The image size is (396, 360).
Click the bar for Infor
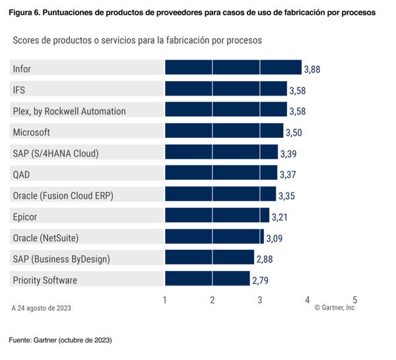pos(232,68)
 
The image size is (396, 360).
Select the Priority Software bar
pos(207,280)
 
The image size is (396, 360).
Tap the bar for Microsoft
pos(223,131)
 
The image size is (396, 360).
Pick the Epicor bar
pos(216,216)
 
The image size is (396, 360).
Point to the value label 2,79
pos(260,280)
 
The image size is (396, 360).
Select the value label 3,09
pos(274,238)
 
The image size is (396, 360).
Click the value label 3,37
pos(287,174)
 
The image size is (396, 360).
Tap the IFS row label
pos(19,90)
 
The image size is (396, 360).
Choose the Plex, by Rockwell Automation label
pos(69,111)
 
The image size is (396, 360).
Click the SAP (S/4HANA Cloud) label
pos(55,153)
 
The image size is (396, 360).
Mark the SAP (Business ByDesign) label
pos(61,258)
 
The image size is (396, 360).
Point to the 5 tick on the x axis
pos(355,299)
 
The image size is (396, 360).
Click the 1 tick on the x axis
pos(164,299)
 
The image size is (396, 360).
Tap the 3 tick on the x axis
pos(260,299)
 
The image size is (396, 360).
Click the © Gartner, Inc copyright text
pos(334,308)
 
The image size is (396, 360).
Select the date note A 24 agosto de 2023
pos(42,308)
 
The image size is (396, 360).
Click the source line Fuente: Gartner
pos(60,340)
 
